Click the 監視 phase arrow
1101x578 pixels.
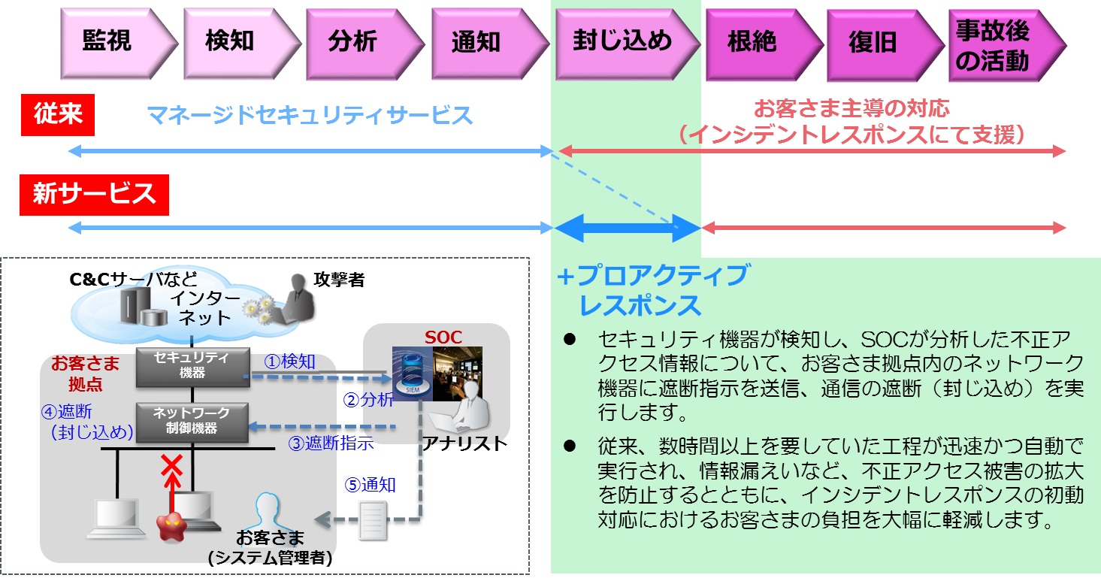pyautogui.click(x=118, y=44)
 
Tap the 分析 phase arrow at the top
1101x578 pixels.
pyautogui.click(x=364, y=44)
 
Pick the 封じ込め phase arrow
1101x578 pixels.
pyautogui.click(x=628, y=44)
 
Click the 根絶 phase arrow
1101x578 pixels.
pyautogui.click(x=764, y=44)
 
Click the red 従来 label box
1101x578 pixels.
pyautogui.click(x=58, y=114)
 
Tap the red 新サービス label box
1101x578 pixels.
pyautogui.click(x=94, y=195)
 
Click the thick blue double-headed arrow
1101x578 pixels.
pyautogui.click(x=628, y=228)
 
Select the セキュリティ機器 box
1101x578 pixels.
pyautogui.click(x=192, y=367)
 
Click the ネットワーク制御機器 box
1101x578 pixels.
pyautogui.click(x=192, y=422)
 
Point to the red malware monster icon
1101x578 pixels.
pyautogui.click(x=171, y=526)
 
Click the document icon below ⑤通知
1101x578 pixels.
pyautogui.click(x=373, y=520)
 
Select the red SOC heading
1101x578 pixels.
pyautogui.click(x=443, y=337)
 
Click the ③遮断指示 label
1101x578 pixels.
pyautogui.click(x=331, y=443)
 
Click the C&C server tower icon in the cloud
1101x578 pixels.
pyautogui.click(x=135, y=304)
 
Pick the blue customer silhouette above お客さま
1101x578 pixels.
pyautogui.click(x=268, y=511)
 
